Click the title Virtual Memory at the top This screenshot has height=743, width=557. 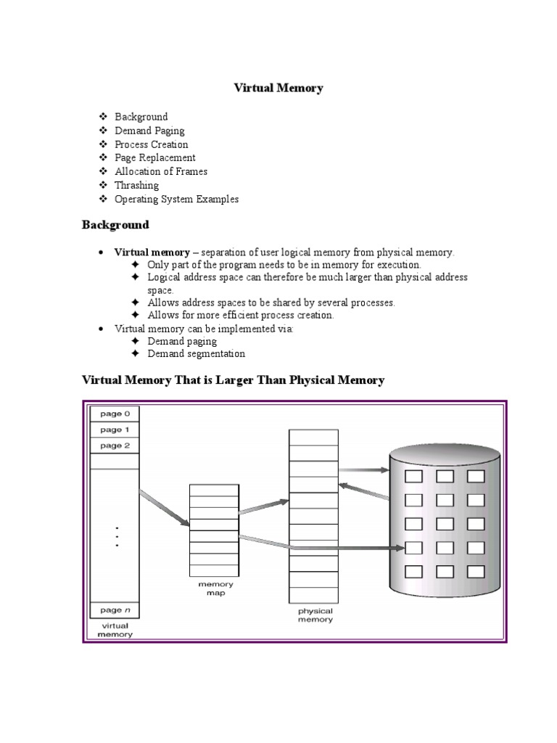[278, 88]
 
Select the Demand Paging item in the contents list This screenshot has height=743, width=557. [149, 131]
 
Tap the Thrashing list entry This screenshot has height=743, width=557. [136, 185]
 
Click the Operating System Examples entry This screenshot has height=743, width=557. [176, 199]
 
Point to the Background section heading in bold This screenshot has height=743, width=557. [115, 225]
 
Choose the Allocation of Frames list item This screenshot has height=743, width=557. [161, 171]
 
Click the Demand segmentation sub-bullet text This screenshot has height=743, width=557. [196, 354]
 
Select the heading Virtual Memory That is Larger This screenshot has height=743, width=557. [233, 380]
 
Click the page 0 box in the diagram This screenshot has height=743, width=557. [115, 414]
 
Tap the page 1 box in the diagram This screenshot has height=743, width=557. [115, 430]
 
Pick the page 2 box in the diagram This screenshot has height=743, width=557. [115, 446]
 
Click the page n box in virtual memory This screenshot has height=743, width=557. [115, 609]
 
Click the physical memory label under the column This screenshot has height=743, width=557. [314, 615]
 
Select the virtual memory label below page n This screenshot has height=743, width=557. [115, 629]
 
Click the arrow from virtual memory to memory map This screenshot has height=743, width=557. [164, 508]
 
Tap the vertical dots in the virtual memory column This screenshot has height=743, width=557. [116, 536]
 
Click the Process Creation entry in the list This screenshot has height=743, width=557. [151, 144]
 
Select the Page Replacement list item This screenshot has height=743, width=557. [154, 157]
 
